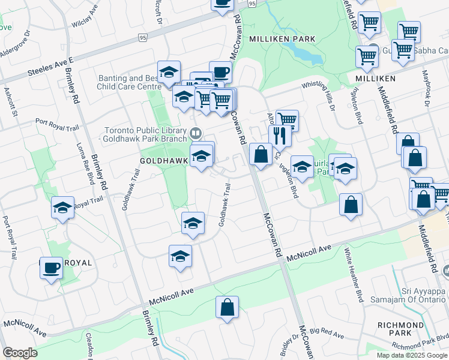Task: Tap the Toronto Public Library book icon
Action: (x=195, y=132)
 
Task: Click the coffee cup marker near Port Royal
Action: (x=52, y=267)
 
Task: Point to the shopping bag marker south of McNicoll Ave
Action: (x=228, y=308)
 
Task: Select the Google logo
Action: (x=20, y=353)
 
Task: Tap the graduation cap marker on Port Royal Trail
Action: (x=62, y=208)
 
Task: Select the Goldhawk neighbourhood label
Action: (x=164, y=161)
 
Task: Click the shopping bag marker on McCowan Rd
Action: (x=261, y=154)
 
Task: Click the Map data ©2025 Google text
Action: (x=411, y=355)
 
